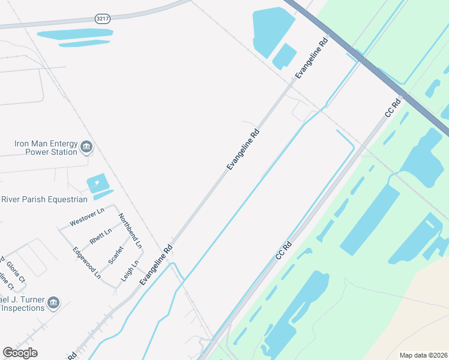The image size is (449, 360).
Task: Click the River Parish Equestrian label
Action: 44,199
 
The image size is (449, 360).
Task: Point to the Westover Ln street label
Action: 87,217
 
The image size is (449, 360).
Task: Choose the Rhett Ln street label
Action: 101,236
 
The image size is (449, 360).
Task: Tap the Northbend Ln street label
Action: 130,231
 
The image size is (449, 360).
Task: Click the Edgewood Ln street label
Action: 86,263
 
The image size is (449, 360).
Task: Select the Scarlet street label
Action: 115,255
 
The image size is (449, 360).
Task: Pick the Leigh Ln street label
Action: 130,271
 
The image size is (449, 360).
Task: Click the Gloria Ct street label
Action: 16,271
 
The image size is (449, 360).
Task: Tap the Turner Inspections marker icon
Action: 53,302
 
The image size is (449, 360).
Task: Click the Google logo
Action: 20,353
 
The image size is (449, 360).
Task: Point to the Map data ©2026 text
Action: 423,355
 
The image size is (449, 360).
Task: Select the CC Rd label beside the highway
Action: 393,108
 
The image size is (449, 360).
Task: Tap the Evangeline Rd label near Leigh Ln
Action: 156,265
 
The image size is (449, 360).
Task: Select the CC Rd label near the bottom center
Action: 283,250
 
